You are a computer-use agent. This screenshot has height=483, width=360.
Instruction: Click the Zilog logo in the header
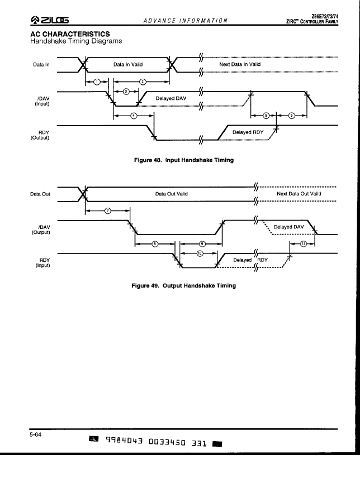(49, 20)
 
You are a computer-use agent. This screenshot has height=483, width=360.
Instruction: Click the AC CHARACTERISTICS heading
(70, 34)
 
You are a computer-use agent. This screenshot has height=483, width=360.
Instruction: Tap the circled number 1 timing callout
(97, 82)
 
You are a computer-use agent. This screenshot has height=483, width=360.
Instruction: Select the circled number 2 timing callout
(143, 82)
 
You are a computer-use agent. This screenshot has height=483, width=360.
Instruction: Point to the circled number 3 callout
(126, 92)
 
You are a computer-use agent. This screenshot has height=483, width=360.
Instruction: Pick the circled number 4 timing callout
(134, 116)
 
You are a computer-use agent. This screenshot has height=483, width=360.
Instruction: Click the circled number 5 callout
(266, 116)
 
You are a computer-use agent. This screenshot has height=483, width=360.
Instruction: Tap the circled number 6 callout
(291, 116)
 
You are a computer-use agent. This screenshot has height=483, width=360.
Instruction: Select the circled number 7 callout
(108, 211)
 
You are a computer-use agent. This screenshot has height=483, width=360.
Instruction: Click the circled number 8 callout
(155, 244)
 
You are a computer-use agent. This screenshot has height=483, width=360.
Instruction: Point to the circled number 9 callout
(202, 244)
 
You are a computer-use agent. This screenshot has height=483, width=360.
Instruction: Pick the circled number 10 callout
(200, 254)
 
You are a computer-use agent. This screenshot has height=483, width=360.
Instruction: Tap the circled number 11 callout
(303, 244)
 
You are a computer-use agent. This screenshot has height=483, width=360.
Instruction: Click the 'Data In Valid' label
(128, 64)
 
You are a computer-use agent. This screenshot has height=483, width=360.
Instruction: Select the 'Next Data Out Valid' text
(299, 194)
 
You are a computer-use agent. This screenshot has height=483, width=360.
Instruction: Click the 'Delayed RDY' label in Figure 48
(248, 132)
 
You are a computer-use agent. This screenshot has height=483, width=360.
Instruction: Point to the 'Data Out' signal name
(40, 194)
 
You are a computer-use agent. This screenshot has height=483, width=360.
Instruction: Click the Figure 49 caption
(183, 285)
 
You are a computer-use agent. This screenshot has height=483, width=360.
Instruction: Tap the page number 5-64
(35, 434)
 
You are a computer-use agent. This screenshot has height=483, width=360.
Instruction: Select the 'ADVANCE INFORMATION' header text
(186, 21)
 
